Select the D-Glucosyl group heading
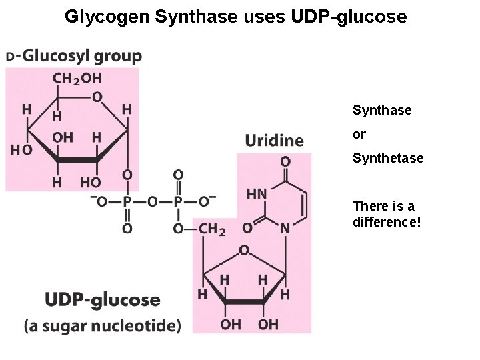pyautogui.click(x=75, y=57)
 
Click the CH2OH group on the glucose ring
pyautogui.click(x=77, y=79)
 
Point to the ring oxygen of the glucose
pyautogui.click(x=98, y=97)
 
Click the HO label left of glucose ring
pyautogui.click(x=20, y=149)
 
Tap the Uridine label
pyautogui.click(x=274, y=140)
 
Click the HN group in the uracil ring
pyautogui.click(x=257, y=194)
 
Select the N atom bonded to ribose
pyautogui.click(x=285, y=227)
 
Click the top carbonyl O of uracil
pyautogui.click(x=285, y=162)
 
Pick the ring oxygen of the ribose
pyautogui.click(x=244, y=251)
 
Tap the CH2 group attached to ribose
pyautogui.click(x=212, y=229)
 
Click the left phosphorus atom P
pyautogui.click(x=127, y=201)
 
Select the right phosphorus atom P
pyautogui.click(x=178, y=201)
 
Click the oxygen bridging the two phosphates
pyautogui.click(x=152, y=201)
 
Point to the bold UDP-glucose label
pyautogui.click(x=103, y=300)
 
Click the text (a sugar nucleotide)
pyautogui.click(x=103, y=326)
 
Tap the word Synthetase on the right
pyautogui.click(x=388, y=159)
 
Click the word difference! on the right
pyautogui.click(x=387, y=221)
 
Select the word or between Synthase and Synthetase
pyautogui.click(x=359, y=135)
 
